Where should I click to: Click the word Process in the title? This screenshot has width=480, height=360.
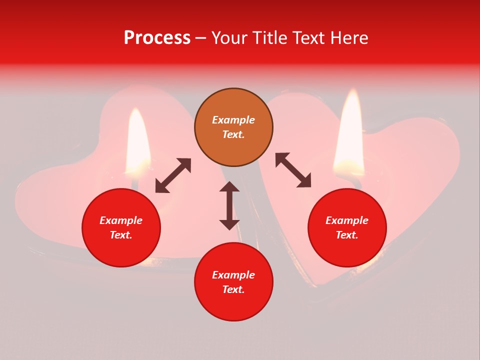[x=157, y=38]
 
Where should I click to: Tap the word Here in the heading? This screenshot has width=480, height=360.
[x=349, y=38]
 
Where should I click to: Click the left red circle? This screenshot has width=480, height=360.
[x=121, y=227]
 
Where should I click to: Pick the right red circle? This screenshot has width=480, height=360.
[x=347, y=227]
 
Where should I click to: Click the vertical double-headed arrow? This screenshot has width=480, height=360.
[x=229, y=205]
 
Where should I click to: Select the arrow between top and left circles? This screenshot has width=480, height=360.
[x=173, y=175]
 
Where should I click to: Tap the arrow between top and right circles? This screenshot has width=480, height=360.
[x=293, y=170]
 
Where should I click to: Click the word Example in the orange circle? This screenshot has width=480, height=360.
[x=233, y=120]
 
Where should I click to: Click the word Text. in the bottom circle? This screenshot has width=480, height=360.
[x=233, y=289]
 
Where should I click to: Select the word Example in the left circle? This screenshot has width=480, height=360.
[x=121, y=220]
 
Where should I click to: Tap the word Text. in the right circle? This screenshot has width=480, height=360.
[x=347, y=235]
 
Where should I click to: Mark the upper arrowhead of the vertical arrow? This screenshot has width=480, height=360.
[x=229, y=187]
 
